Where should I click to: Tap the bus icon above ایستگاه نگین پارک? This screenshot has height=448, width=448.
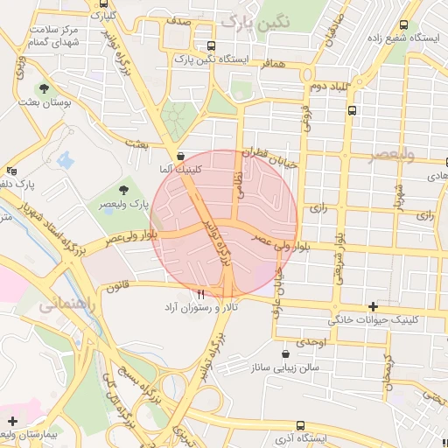[210, 45]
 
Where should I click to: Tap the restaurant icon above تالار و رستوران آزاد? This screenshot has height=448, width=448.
[202, 295]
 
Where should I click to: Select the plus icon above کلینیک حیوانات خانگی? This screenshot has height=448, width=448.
[374, 306]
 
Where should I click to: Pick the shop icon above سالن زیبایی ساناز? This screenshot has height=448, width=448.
[286, 354]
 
